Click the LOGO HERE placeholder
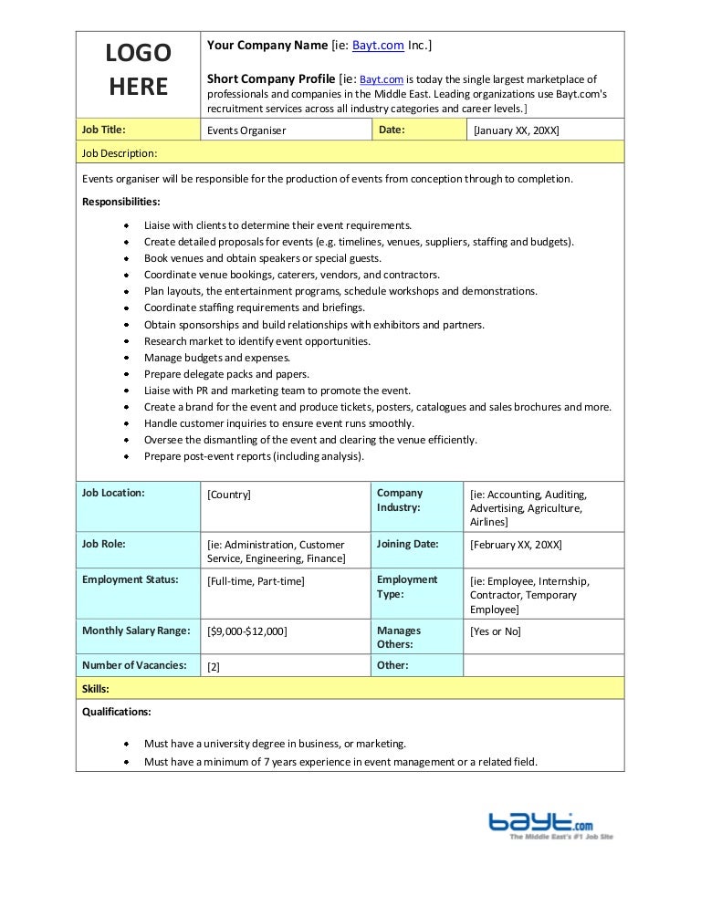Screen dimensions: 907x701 138,70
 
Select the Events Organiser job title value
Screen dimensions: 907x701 246,130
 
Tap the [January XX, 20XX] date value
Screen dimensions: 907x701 516,130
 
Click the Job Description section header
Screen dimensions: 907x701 120,152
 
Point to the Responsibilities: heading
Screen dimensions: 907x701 120,202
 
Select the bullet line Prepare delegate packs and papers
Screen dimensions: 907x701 226,374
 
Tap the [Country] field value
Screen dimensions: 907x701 229,494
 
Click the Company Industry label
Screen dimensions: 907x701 399,500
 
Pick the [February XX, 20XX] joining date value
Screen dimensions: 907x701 516,544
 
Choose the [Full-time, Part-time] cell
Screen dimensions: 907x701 256,580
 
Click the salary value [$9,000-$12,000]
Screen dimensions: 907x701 247,631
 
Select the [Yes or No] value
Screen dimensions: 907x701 496,631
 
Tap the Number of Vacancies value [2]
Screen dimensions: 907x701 214,666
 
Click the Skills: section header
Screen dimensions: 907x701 96,688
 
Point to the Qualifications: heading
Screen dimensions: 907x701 117,712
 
